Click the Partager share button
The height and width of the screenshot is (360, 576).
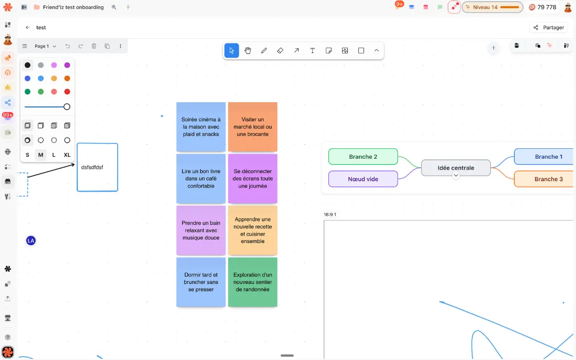pos(548,28)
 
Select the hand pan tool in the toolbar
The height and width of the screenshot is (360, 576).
pos(248,51)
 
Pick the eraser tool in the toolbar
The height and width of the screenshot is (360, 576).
pos(280,51)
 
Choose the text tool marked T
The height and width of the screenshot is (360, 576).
pos(312,51)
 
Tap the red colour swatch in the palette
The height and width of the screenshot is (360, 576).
pos(67,92)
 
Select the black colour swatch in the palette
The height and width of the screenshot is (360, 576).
pos(28,65)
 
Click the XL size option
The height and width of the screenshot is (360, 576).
pos(67,155)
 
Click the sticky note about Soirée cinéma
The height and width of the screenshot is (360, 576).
pos(201,127)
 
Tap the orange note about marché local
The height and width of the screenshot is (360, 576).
pos(253,127)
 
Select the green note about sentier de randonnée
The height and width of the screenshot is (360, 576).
pos(253,282)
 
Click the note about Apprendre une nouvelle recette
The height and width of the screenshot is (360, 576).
pos(253,230)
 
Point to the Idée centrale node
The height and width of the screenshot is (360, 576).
pos(456,168)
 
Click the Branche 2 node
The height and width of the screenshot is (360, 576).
pos(363,157)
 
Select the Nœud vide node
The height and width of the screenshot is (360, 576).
pos(363,179)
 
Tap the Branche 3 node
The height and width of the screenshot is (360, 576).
pos(545,179)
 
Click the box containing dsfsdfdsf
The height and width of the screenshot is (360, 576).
pos(97,167)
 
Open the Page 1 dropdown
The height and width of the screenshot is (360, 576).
pos(45,46)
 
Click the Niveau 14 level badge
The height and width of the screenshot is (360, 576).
pos(492,7)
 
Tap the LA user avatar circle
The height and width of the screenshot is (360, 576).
pos(31,240)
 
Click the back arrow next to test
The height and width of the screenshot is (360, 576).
pos(28,28)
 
